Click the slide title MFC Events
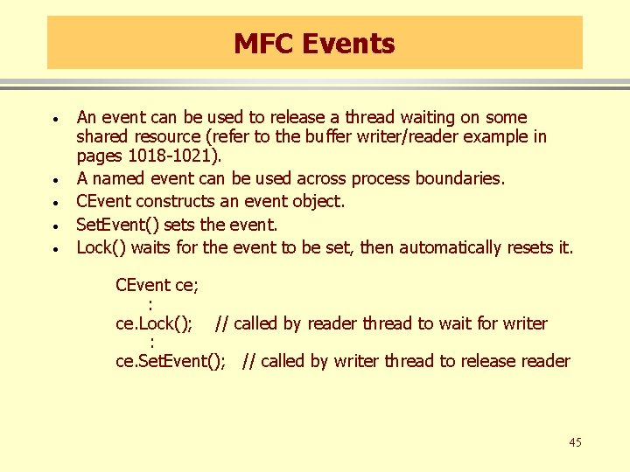(x=314, y=43)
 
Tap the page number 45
(x=574, y=442)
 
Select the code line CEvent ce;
(x=157, y=285)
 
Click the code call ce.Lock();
(x=154, y=323)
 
